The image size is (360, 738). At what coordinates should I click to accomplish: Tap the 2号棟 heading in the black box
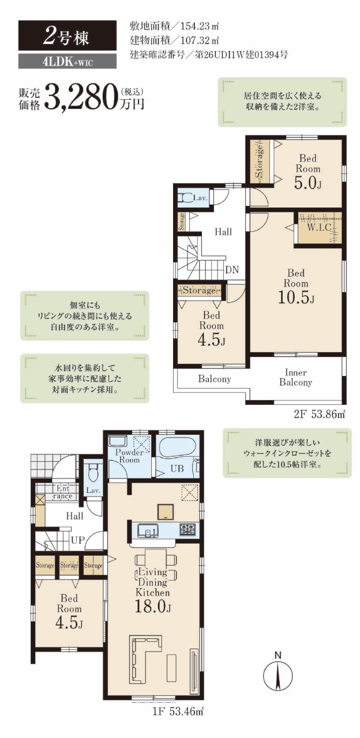[x=66, y=36]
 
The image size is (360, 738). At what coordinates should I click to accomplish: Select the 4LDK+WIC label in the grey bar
[x=67, y=62]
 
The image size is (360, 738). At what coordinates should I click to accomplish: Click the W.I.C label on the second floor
[x=319, y=228]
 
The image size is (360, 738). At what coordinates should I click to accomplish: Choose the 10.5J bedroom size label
[x=296, y=298]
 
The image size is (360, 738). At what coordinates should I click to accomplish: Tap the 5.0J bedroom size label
[x=307, y=183]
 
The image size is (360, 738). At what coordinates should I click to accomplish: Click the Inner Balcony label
[x=296, y=378]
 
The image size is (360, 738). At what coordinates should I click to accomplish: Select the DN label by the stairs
[x=232, y=270]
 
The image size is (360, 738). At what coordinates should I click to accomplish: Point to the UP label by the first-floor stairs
[x=78, y=540]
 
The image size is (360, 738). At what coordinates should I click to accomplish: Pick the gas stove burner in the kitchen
[x=187, y=529]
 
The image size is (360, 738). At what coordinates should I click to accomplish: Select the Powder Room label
[x=129, y=456]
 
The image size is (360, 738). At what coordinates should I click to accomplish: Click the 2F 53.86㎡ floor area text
[x=319, y=415]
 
